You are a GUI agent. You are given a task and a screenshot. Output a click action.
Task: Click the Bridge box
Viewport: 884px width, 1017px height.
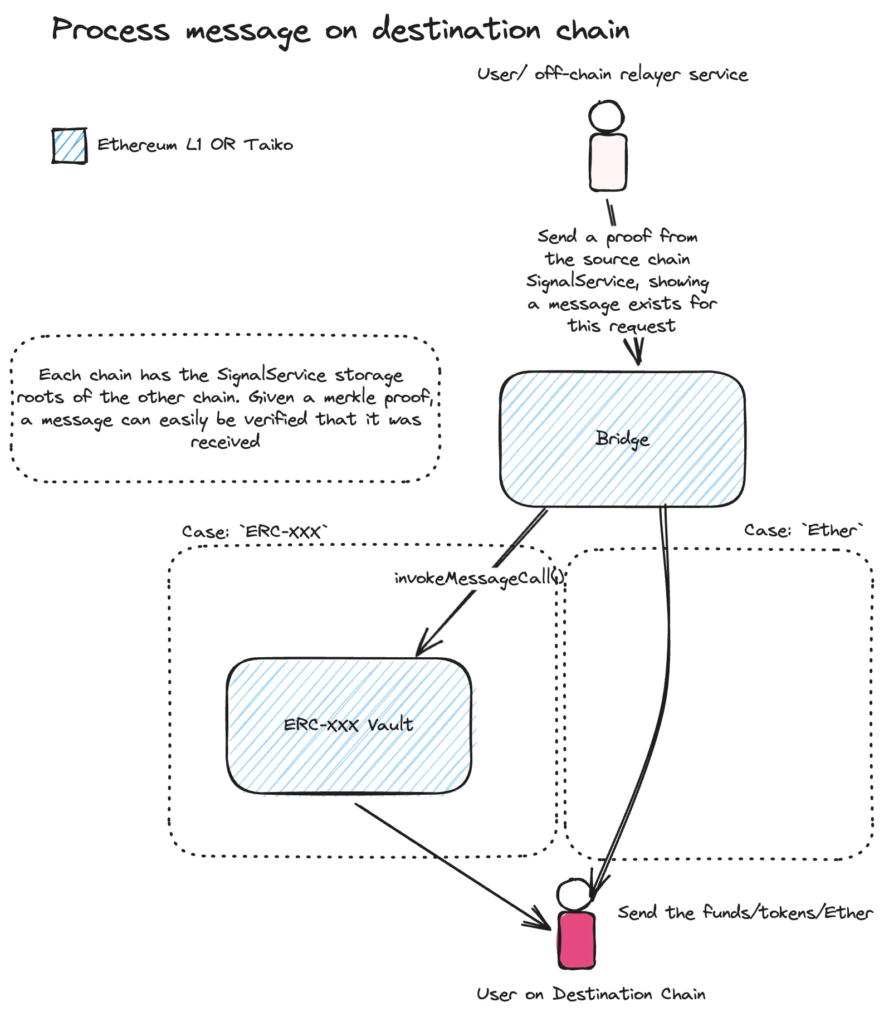[622, 439]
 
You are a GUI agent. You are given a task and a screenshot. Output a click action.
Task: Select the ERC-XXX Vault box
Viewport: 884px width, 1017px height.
[349, 725]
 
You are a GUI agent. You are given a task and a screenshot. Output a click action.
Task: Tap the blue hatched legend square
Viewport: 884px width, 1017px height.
[70, 146]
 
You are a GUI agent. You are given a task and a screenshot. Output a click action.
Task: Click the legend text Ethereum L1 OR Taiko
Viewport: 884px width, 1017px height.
[195, 145]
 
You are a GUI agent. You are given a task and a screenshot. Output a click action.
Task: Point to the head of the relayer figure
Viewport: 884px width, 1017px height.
[607, 116]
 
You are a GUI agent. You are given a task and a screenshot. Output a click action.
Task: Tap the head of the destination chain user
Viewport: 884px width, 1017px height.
[574, 894]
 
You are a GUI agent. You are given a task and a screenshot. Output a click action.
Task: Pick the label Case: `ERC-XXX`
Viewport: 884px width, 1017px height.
[255, 531]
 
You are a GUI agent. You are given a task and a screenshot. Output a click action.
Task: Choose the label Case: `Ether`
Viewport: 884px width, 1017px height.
[803, 530]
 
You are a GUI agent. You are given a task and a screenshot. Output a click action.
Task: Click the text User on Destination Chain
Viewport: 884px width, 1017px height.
[590, 994]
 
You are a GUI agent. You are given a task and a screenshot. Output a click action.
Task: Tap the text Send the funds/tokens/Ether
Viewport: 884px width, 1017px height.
[745, 912]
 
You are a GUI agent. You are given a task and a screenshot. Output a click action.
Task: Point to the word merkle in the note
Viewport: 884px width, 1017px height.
[350, 397]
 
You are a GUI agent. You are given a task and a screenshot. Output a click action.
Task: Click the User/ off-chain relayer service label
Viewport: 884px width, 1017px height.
[612, 74]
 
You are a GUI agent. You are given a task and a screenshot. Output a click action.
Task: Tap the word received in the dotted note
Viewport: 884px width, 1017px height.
[225, 442]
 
